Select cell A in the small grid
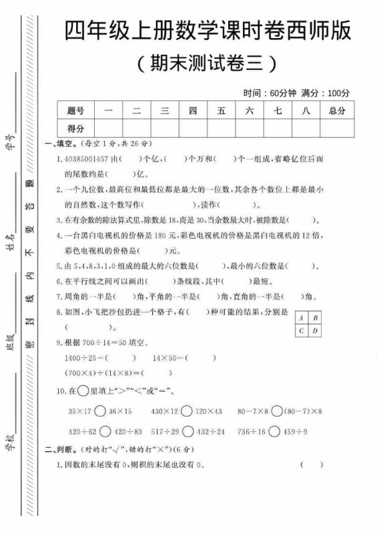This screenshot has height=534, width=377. [302, 318]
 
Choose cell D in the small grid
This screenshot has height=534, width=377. [315, 330]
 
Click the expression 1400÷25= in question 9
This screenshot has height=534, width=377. [85, 358]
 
